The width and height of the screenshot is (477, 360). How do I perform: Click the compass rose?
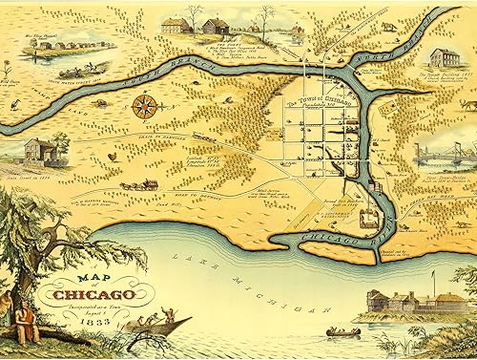coord(144,105)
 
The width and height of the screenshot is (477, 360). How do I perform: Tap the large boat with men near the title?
coord(153,325)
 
